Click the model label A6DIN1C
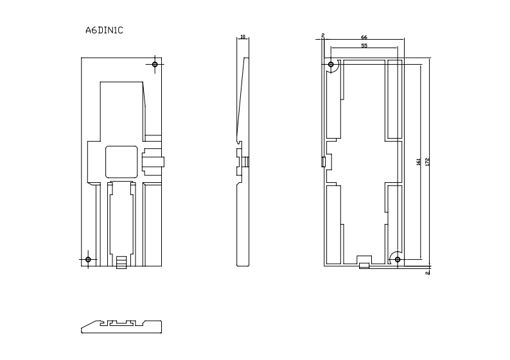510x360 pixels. coord(104,30)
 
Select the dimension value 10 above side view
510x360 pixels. coord(242,37)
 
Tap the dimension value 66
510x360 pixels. coord(364,37)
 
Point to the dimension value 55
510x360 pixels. coord(364,46)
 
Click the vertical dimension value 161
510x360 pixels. coord(419,163)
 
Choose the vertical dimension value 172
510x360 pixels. coord(427,163)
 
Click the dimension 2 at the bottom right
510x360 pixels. coord(427,273)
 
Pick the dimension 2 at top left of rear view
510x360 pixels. coord(322,35)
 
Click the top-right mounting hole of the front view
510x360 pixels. coord(155,64)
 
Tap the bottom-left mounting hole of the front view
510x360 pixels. coord(88,259)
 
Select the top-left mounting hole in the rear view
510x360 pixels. coord(331,65)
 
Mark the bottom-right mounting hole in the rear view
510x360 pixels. coord(398,259)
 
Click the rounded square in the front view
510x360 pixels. coord(121,162)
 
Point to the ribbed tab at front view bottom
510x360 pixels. coord(121,262)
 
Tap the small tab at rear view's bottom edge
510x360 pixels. coord(364,265)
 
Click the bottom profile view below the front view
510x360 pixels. coord(121,325)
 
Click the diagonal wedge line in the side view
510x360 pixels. coord(242,96)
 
